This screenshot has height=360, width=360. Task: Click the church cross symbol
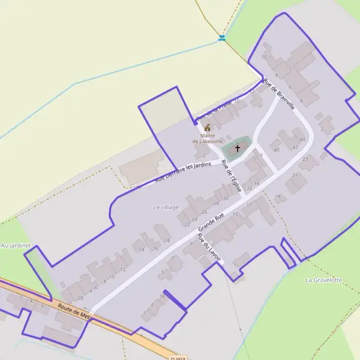point(238,148)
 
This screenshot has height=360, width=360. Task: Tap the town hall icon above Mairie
point(208,128)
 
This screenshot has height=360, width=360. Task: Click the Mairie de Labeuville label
point(208,138)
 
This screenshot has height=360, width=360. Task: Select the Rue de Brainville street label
point(279,94)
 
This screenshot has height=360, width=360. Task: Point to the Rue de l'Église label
point(231,176)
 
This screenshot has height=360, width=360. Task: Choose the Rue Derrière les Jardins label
point(183,173)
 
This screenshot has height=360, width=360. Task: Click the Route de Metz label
point(74,311)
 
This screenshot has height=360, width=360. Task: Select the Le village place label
point(166,207)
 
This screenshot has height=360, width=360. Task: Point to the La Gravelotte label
point(323,280)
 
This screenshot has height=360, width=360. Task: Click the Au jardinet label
point(16,245)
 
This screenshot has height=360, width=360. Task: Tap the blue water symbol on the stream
point(222,38)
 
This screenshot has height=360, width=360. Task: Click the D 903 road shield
point(178,358)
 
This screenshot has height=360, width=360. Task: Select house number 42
point(295,146)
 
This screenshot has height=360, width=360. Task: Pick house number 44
point(302,139)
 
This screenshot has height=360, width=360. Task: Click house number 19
point(278,196)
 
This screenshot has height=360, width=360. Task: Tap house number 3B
point(161,296)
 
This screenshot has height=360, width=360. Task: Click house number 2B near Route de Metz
point(80,298)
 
